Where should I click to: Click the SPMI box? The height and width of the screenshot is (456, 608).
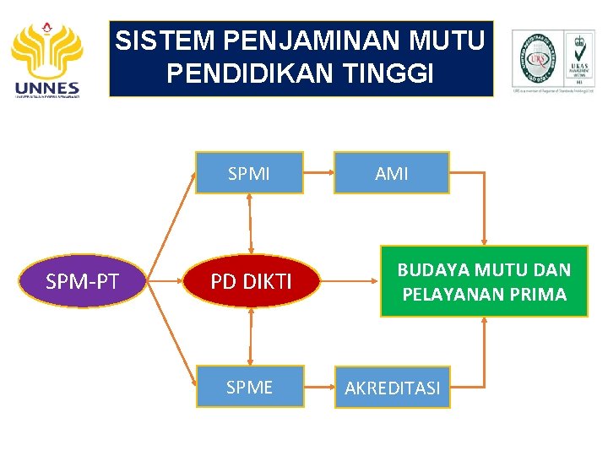pyautogui.click(x=249, y=173)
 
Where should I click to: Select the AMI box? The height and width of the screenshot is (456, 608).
pyautogui.click(x=391, y=173)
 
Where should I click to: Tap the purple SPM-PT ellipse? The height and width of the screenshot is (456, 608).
pyautogui.click(x=82, y=281)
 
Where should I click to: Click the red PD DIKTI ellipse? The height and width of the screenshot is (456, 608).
pyautogui.click(x=251, y=281)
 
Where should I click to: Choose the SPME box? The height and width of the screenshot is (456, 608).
pyautogui.click(x=249, y=387)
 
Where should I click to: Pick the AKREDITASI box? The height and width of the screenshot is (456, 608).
pyautogui.click(x=393, y=388)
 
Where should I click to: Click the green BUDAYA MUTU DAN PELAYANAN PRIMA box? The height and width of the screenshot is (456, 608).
pyautogui.click(x=484, y=281)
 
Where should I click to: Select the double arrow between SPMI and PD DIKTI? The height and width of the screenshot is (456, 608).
pyautogui.click(x=250, y=224)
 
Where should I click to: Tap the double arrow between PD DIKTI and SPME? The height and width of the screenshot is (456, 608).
pyautogui.click(x=250, y=336)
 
